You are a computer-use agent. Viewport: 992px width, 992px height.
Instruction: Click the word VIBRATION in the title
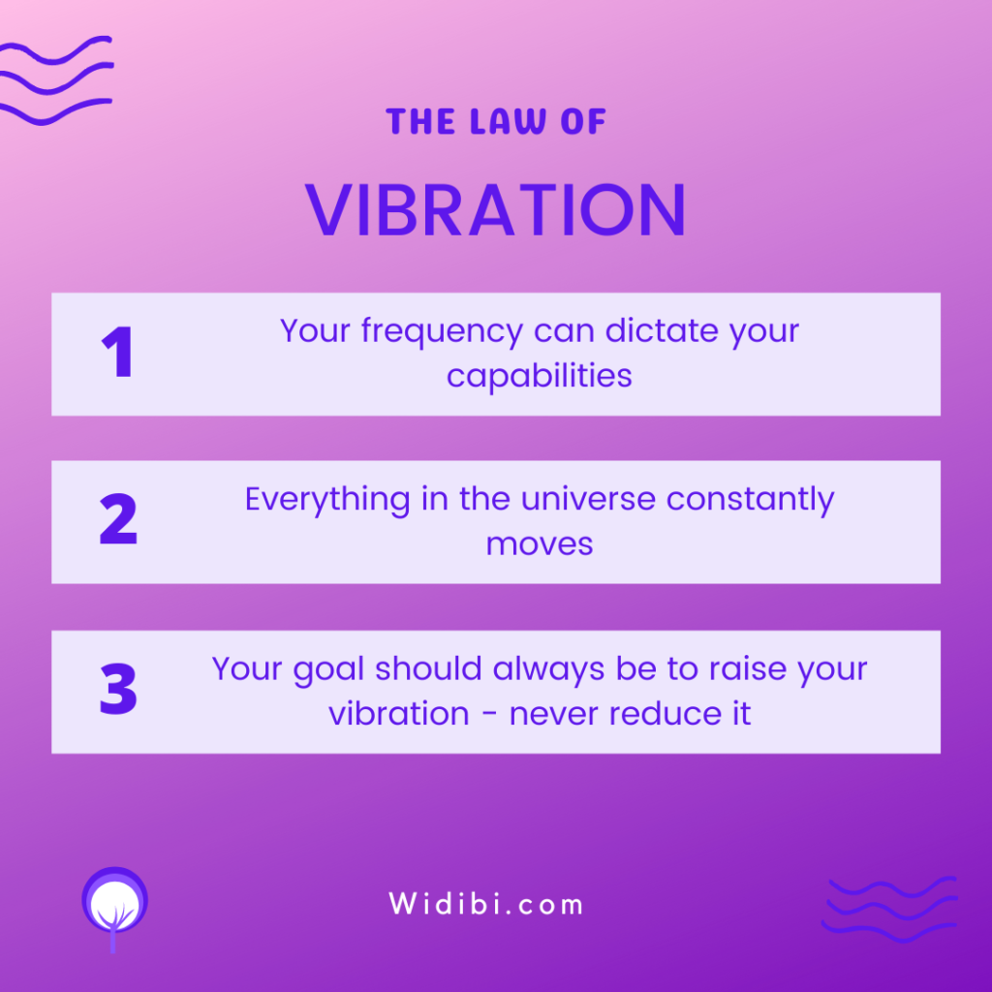(x=496, y=210)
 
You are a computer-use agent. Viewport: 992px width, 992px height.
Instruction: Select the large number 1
(x=117, y=352)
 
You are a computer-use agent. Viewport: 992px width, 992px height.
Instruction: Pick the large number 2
(x=118, y=519)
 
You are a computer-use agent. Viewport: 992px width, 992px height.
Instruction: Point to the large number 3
(x=118, y=689)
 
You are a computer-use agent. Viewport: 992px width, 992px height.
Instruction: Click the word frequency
(x=442, y=331)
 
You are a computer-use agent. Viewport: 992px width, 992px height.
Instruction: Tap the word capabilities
(x=539, y=375)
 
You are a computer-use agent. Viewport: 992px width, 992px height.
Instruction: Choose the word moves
(x=539, y=544)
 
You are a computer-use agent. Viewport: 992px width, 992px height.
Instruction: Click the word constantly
(x=751, y=500)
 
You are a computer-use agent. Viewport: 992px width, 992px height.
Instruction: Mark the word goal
(x=329, y=670)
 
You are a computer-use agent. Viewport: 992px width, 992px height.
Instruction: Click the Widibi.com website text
(x=486, y=904)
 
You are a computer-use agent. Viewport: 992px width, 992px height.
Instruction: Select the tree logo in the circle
(x=114, y=906)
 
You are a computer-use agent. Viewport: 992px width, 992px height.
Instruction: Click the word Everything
(x=327, y=500)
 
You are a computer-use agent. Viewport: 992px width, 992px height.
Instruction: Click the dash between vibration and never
(x=489, y=715)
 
